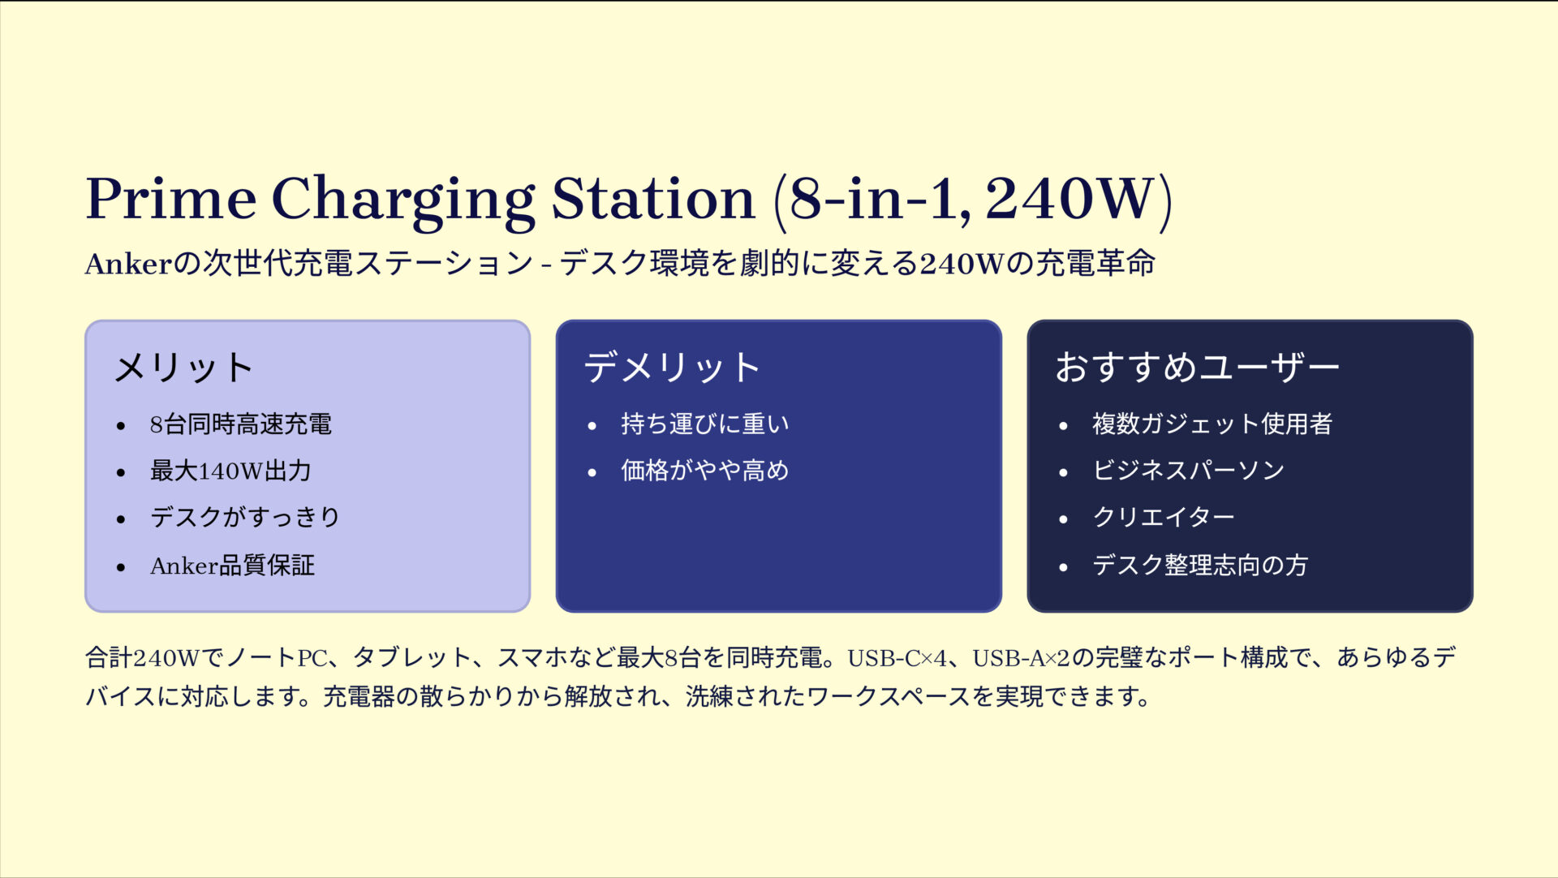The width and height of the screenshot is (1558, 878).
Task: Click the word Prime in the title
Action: click(171, 199)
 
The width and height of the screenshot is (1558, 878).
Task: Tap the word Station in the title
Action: click(653, 199)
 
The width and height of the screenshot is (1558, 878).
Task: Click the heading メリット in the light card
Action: click(184, 368)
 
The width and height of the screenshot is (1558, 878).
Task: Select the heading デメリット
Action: click(672, 368)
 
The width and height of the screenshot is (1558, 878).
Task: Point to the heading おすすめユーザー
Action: click(1197, 368)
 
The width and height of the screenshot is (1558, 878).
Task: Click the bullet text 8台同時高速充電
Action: click(241, 424)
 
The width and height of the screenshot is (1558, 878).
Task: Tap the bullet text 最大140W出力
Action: click(230, 471)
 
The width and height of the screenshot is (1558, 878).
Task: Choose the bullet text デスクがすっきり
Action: click(245, 518)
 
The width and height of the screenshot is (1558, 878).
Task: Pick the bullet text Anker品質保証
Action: click(232, 566)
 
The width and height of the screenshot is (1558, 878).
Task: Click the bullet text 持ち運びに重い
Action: click(705, 424)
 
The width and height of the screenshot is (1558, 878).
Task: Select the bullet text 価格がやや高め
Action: click(705, 471)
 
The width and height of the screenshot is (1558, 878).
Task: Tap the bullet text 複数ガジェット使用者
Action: click(1212, 424)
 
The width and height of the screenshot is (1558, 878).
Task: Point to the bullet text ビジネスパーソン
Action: click(1189, 471)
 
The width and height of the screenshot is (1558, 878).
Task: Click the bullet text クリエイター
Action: click(1164, 518)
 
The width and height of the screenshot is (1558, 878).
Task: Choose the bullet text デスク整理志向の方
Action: click(1200, 565)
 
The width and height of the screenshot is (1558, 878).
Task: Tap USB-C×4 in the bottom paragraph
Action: click(897, 658)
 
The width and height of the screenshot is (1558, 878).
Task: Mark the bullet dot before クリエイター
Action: click(1064, 519)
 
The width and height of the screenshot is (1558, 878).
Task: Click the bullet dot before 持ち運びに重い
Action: click(592, 426)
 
